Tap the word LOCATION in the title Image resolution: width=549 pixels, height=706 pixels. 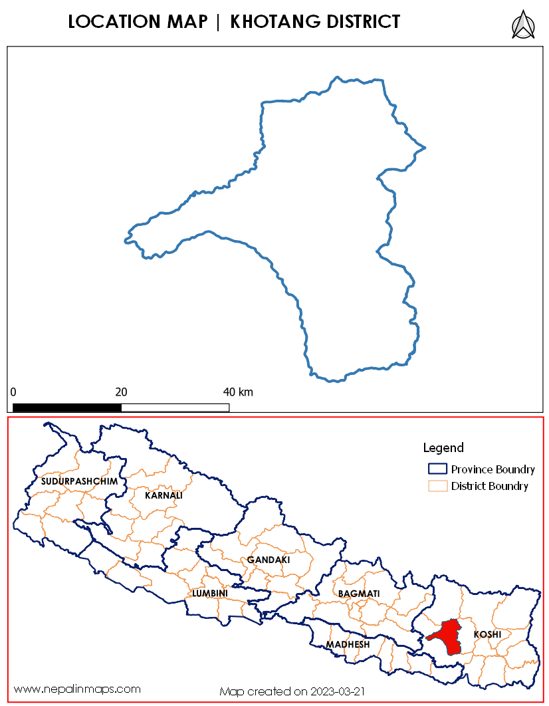[x=112, y=23]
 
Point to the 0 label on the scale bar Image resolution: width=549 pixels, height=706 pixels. [x=13, y=392]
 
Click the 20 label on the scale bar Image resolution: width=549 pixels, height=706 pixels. [x=122, y=392]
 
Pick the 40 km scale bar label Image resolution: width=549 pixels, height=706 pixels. [x=238, y=392]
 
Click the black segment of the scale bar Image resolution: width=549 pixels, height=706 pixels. [x=67, y=407]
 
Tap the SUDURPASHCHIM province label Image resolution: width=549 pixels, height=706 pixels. [x=78, y=481]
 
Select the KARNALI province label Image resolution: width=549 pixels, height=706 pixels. [x=164, y=495]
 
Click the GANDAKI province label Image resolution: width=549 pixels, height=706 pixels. [x=269, y=560]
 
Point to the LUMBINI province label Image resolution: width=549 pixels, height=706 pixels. [x=210, y=593]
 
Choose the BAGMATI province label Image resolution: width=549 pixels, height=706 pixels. [x=359, y=593]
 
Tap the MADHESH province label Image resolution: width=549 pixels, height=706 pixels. [x=348, y=645]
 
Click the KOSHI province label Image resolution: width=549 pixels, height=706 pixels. [x=487, y=635]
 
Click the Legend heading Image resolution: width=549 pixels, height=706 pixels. [x=443, y=447]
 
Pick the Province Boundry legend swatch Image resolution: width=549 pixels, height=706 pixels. [x=437, y=469]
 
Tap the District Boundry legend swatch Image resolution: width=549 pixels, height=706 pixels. [x=437, y=486]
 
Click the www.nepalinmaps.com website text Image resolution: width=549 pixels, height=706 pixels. [x=77, y=689]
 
